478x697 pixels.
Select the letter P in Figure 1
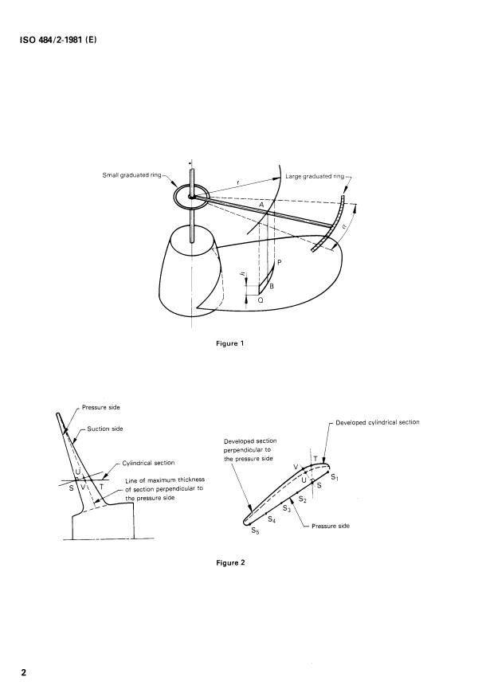pos(280,260)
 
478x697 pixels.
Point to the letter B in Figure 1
pos(272,285)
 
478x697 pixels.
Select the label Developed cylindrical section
pos(377,422)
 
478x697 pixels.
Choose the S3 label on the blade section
pos(286,508)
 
